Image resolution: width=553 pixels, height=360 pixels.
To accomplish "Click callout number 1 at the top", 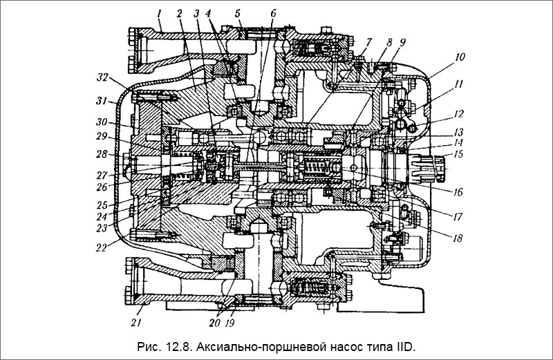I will tap(159, 14).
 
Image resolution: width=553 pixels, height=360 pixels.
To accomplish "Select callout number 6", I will tap(273, 14).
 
